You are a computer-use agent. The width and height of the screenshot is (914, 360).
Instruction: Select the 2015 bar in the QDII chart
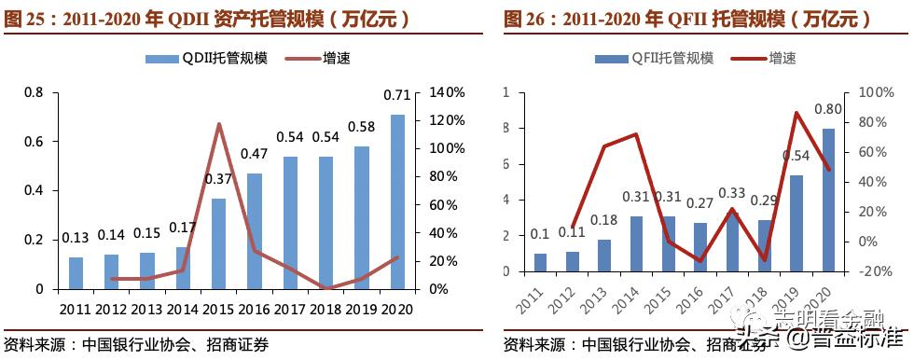(x=218, y=243)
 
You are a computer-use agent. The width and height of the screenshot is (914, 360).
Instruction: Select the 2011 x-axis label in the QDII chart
(x=76, y=307)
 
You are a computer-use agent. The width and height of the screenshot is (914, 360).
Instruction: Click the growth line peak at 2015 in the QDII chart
(x=218, y=124)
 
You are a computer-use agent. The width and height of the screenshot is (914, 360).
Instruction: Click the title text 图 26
(x=522, y=18)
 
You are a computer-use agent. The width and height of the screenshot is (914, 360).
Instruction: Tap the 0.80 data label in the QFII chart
(x=827, y=109)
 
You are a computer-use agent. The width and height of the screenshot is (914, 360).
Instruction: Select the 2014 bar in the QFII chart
(x=636, y=243)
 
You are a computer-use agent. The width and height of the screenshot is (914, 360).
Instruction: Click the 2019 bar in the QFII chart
(x=796, y=223)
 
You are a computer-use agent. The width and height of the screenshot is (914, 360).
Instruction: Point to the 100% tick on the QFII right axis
(x=868, y=92)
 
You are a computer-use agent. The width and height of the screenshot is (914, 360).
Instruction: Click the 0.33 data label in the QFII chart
(x=731, y=193)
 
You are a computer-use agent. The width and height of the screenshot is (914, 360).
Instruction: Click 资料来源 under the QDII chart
(x=35, y=343)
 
